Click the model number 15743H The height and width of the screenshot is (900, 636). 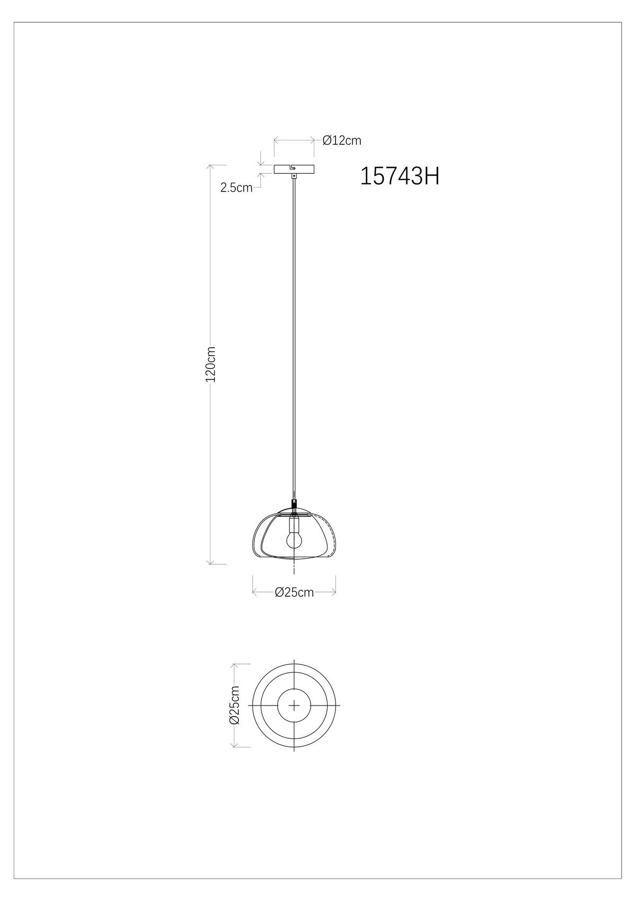coord(400,177)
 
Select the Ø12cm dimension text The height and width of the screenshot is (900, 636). coord(342,140)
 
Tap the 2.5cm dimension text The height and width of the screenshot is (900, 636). coord(236,187)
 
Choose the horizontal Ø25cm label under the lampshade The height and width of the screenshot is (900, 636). coord(294,592)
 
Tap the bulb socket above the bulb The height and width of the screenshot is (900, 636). coord(294,525)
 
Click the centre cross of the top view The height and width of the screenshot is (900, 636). coord(294,705)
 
